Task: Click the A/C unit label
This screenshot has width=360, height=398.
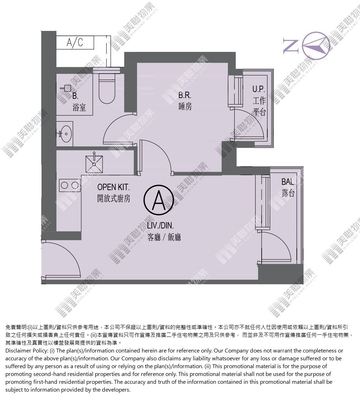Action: click(x=75, y=42)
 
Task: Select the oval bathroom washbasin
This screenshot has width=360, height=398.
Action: click(x=67, y=134)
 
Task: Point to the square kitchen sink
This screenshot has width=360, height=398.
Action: click(x=94, y=165)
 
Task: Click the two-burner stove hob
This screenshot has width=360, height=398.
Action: click(x=70, y=185)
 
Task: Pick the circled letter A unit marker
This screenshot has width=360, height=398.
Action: click(x=159, y=200)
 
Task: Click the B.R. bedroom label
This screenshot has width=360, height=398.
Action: click(x=185, y=95)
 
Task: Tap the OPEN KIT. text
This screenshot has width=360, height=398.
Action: click(x=113, y=187)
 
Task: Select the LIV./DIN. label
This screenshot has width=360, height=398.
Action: click(x=160, y=225)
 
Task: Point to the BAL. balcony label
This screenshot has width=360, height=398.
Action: click(x=288, y=182)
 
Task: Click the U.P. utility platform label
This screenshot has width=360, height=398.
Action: click(x=258, y=89)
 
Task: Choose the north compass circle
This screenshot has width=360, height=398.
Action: click(x=316, y=46)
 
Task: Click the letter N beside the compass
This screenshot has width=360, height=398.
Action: click(x=291, y=46)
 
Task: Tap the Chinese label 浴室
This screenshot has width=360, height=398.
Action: click(x=79, y=107)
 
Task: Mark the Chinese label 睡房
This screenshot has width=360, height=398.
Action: click(x=185, y=106)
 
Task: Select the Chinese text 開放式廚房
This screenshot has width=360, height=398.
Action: click(x=114, y=199)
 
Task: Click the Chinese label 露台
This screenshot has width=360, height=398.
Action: click(x=288, y=193)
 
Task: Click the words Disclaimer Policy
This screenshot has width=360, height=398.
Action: click(x=26, y=351)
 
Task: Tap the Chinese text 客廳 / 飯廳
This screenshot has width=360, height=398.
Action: click(x=164, y=237)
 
